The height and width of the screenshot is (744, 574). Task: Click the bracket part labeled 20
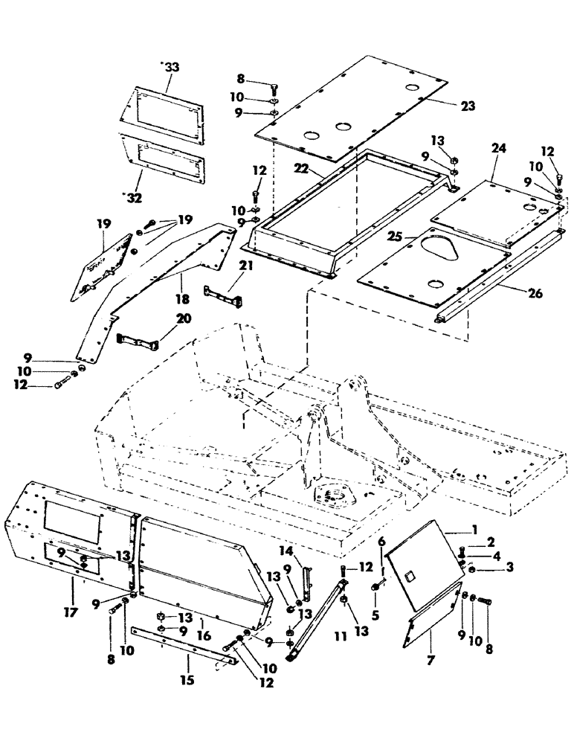point(138,343)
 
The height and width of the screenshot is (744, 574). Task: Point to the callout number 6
point(381,541)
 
